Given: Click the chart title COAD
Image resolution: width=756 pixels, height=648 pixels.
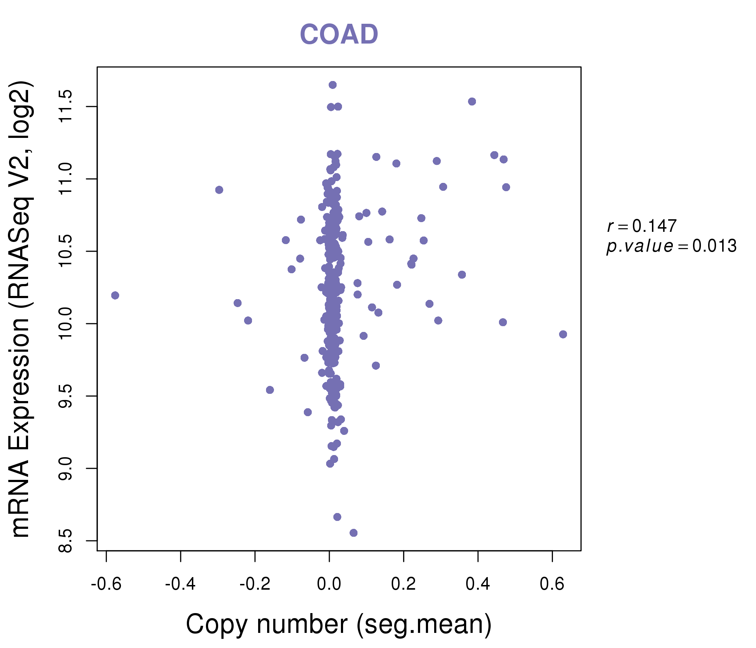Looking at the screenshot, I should (339, 35).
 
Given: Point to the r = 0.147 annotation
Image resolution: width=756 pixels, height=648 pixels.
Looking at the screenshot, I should (642, 226).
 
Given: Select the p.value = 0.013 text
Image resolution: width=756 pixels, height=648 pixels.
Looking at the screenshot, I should (671, 246).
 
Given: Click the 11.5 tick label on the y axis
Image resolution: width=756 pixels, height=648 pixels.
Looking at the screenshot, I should (66, 107).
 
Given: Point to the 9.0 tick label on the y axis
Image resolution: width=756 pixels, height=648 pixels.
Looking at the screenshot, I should (66, 468).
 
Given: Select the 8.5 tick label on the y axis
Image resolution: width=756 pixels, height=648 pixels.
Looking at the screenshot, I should (66, 540).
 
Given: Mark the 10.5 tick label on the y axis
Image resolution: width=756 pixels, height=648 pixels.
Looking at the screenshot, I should (66, 251).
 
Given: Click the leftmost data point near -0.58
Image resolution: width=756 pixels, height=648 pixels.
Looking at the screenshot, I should (115, 295).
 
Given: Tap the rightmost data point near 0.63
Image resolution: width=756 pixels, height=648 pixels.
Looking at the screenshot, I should (563, 334).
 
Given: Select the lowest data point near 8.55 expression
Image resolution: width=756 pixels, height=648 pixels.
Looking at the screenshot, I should (354, 533).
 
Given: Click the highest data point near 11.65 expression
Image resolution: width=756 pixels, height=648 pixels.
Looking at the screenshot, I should (333, 85).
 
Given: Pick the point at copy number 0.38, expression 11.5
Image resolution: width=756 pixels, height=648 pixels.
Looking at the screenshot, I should (472, 102).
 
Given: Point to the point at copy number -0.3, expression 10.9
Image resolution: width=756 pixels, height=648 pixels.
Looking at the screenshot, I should (219, 190).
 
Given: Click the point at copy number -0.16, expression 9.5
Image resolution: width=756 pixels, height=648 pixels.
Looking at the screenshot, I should (270, 390).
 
